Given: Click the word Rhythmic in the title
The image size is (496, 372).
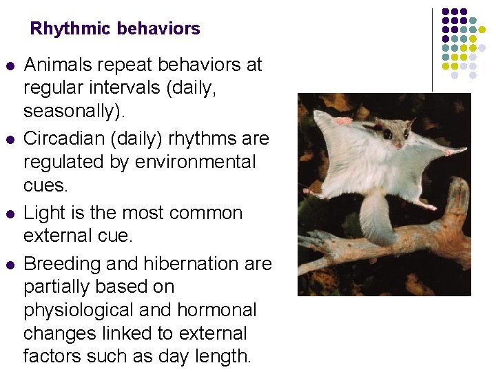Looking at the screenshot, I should pyautogui.click(x=71, y=29).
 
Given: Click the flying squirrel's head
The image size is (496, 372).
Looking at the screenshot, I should pyautogui.click(x=393, y=131).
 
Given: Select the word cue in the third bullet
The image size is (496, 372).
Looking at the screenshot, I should pyautogui.click(x=114, y=236).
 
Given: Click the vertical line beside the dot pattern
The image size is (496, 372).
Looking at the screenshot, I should pyautogui.click(x=432, y=48).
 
